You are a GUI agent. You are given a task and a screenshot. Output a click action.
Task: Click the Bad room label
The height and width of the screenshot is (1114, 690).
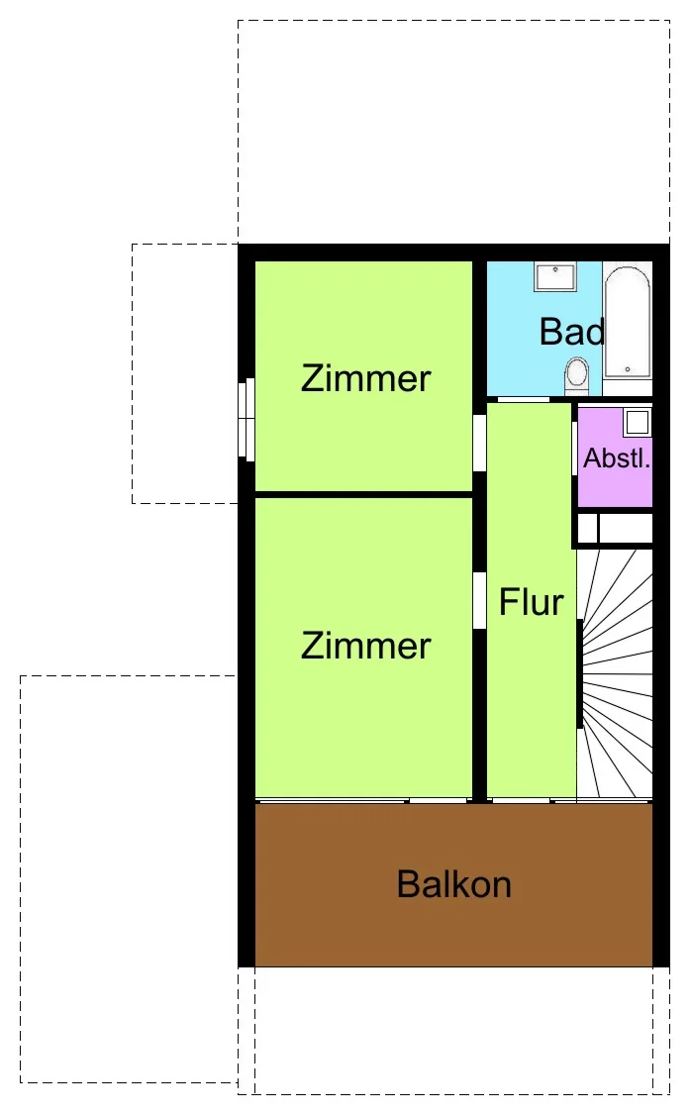click(572, 332)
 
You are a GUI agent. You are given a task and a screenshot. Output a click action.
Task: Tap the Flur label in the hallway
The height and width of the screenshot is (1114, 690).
click(531, 602)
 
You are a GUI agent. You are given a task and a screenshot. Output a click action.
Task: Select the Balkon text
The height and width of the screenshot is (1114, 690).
click(454, 884)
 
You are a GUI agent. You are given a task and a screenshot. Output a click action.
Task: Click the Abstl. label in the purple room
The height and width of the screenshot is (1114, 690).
click(616, 458)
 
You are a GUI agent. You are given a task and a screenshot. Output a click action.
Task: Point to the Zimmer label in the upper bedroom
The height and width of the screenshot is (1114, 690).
click(366, 378)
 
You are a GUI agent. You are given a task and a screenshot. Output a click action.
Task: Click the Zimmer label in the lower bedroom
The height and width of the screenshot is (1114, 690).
click(366, 646)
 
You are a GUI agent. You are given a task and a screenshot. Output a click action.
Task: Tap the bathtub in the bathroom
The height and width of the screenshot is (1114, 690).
click(628, 322)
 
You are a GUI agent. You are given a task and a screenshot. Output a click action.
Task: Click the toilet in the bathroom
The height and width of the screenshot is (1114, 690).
click(577, 376)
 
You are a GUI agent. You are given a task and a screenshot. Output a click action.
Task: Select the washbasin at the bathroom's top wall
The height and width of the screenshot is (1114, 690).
click(555, 276)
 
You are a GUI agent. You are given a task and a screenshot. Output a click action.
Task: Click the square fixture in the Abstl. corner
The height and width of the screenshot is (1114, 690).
click(638, 422)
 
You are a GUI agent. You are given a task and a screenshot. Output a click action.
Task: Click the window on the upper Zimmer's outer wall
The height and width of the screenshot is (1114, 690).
click(246, 420)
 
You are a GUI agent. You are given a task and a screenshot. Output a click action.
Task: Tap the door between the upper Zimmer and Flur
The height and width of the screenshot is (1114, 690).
click(480, 442)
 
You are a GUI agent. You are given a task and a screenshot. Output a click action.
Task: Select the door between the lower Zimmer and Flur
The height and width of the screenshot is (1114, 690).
click(480, 600)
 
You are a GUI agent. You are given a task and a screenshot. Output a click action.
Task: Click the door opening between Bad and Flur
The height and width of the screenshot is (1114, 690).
click(524, 399)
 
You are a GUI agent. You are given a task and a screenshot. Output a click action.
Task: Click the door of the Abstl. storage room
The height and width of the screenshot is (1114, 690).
click(574, 448)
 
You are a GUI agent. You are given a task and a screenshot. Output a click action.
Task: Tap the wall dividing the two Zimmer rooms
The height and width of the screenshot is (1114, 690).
click(364, 494)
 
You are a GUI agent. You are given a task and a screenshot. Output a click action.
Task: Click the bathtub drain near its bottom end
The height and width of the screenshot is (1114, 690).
click(628, 369)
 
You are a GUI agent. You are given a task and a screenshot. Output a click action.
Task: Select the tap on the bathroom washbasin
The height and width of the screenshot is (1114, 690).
click(555, 270)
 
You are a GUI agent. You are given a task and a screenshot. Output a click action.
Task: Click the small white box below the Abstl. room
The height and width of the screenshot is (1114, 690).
click(588, 529)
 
